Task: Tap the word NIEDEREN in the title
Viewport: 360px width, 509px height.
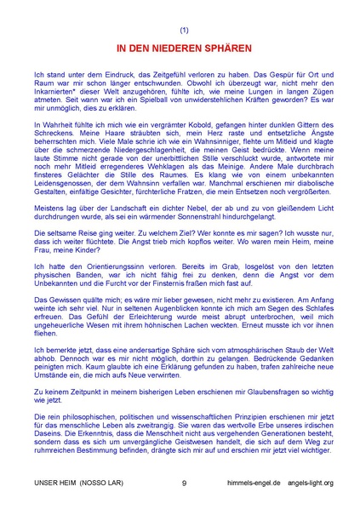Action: click(x=168, y=48)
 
